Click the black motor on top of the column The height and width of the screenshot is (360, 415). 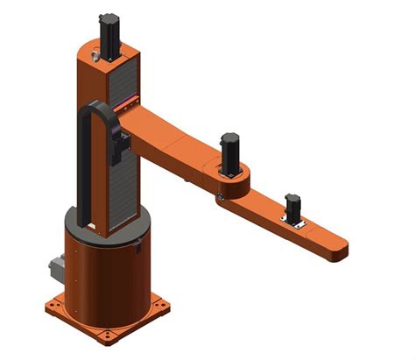tap(109, 36)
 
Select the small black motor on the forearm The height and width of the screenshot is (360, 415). tap(292, 207)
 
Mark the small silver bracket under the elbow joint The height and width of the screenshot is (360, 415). tap(220, 198)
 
